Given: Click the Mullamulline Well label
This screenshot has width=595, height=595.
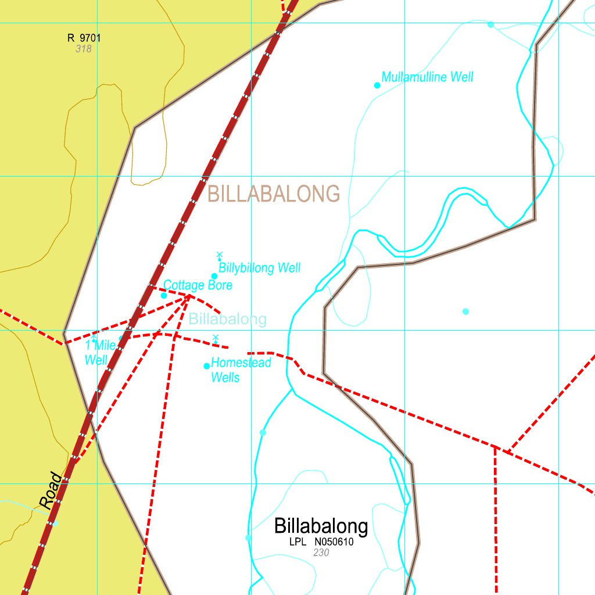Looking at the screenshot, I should coord(427,77).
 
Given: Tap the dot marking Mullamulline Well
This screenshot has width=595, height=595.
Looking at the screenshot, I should coord(377,85).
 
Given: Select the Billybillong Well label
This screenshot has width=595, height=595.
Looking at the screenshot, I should coord(259,268).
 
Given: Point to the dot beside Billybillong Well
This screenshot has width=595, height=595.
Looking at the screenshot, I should coord(214,276).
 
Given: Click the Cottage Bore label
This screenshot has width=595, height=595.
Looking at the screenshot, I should coord(198,285).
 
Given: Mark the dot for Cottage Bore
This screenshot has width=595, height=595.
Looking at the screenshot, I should coord(164,295).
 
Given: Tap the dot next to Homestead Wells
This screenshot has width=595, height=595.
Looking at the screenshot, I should coord(206,366).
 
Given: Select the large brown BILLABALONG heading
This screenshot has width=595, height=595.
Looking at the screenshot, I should coord(273,193).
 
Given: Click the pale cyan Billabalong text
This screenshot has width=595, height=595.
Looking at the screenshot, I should coord(228,318).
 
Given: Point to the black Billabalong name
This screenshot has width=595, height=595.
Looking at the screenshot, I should coord(321,526).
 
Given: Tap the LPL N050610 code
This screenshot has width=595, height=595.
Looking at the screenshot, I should coord(321,542).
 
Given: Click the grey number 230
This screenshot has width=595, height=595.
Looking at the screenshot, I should coord(321,553).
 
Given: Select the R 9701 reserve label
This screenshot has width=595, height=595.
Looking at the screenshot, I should coord(84,38).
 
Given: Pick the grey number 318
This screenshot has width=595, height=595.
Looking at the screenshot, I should coord(84,49).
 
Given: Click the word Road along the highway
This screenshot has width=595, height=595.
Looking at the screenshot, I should coord(51,490).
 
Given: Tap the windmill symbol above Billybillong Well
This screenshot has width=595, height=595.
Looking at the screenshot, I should coord(219,256).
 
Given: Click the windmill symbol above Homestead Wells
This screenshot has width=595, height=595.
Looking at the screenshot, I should coord(216,338).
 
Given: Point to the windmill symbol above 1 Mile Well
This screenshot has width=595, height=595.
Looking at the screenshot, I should coord(94,338).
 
